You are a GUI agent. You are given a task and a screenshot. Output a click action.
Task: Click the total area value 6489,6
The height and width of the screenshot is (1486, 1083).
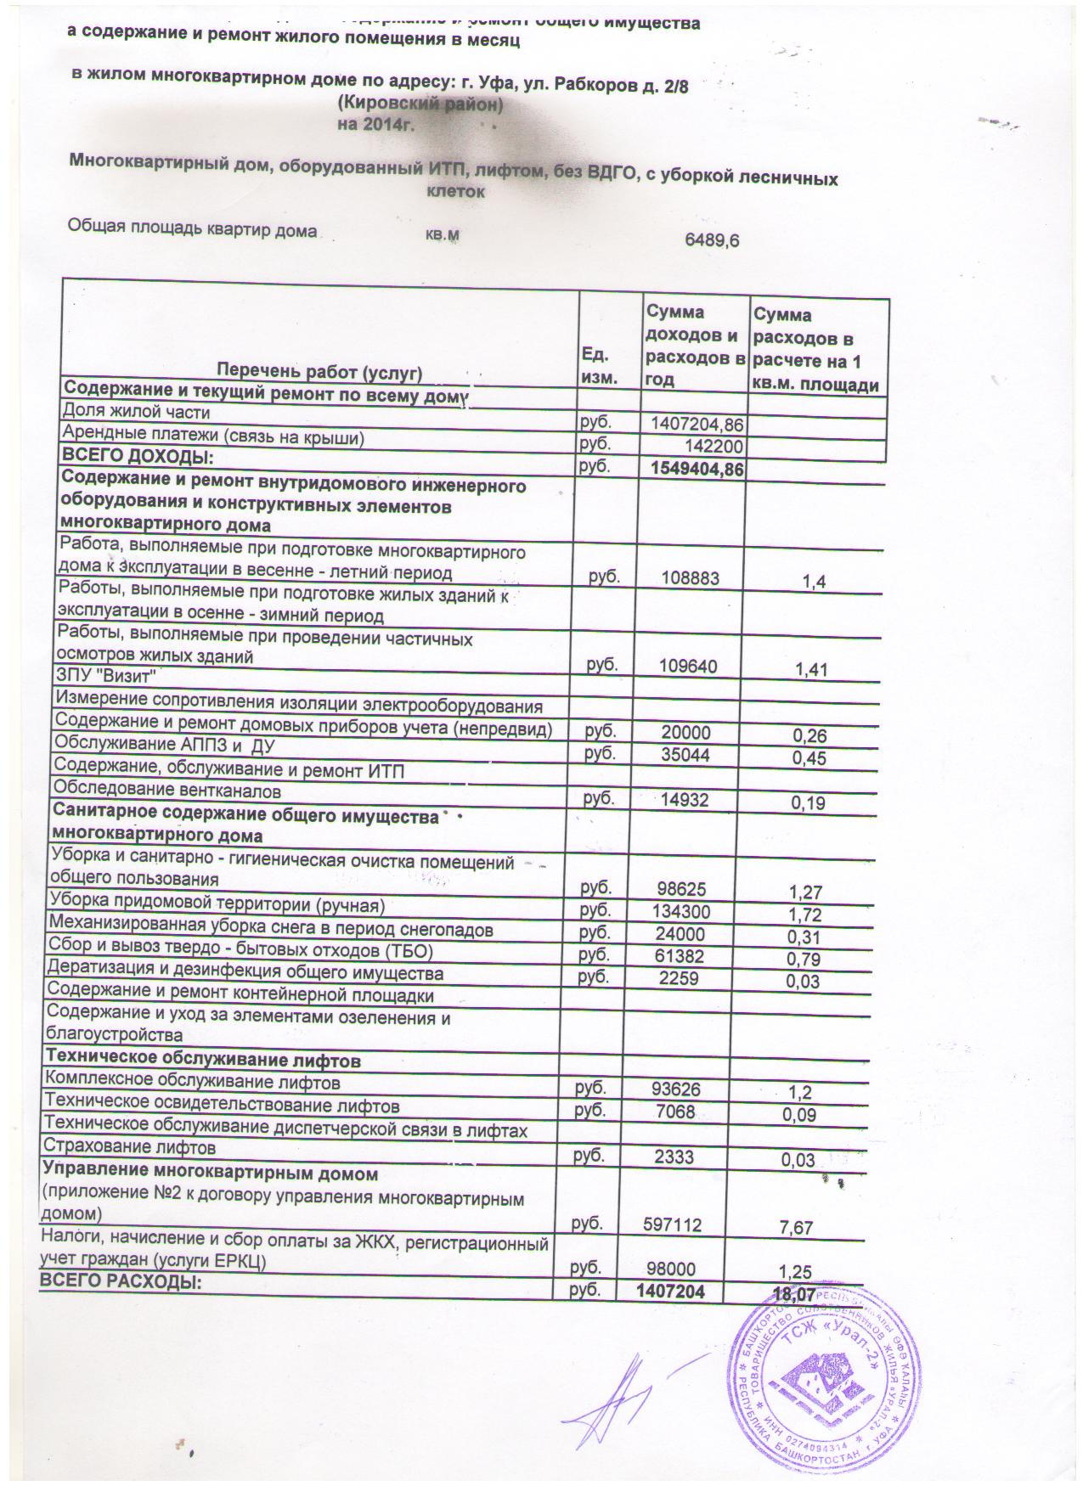(x=712, y=240)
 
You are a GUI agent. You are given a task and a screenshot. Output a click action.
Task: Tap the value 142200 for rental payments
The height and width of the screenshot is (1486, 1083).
(x=714, y=445)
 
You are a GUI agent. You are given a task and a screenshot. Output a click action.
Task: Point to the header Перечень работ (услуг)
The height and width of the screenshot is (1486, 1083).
(x=319, y=372)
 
